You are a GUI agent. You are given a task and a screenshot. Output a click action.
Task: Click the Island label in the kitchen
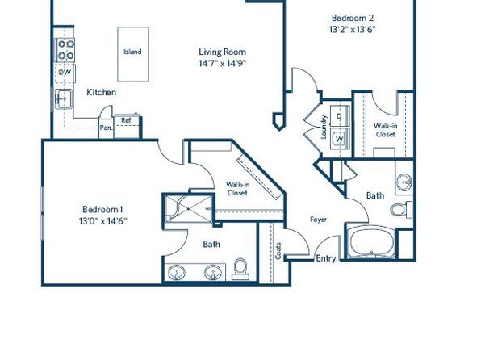[132, 52]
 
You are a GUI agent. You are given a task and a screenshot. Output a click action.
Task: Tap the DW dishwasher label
[65, 73]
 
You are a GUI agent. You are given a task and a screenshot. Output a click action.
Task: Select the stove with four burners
[65, 50]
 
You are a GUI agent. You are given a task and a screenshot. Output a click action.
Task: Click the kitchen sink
[64, 98]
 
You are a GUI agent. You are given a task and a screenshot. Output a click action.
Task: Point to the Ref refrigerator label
[126, 120]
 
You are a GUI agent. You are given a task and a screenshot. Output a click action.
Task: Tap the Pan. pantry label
[106, 128]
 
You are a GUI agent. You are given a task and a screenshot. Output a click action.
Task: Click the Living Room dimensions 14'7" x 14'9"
[223, 64]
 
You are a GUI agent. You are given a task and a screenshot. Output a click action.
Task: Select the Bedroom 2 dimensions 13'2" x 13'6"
[353, 30]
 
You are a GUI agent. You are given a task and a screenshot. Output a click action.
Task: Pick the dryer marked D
[340, 116]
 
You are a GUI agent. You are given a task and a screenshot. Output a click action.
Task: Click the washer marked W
[340, 139]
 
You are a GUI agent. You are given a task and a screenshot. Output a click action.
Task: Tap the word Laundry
[324, 127]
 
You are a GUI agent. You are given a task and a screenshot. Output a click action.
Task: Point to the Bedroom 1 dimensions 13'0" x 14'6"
[103, 221]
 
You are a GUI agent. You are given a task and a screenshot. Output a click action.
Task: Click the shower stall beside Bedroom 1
[188, 209]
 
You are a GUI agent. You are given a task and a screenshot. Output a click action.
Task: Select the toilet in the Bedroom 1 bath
[240, 269]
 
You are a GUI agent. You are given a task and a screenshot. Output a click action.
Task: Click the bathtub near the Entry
[371, 242]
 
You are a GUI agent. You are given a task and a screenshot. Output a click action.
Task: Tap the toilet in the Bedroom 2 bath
[401, 210]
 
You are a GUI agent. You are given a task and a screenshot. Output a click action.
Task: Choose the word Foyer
[318, 220]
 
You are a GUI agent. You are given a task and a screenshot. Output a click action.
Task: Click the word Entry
[326, 259]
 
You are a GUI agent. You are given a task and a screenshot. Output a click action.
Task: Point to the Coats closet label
[278, 251]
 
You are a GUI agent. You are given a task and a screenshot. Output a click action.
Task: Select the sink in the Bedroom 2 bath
[404, 182]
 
